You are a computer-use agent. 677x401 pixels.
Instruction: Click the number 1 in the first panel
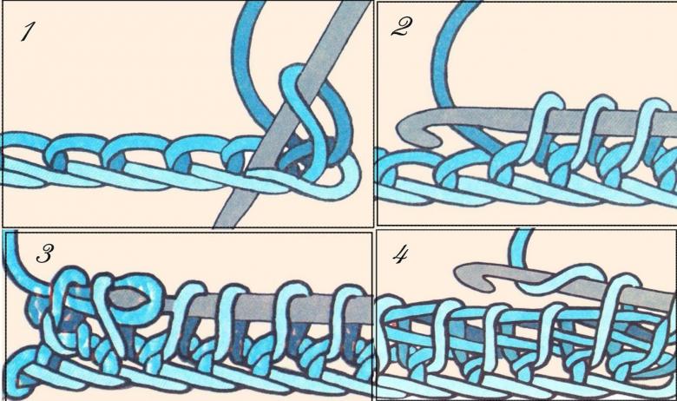[28, 32]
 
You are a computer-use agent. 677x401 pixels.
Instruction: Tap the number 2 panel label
[401, 27]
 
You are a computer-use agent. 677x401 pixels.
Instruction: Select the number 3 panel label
[45, 253]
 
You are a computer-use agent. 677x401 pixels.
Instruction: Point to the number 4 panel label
[400, 255]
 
